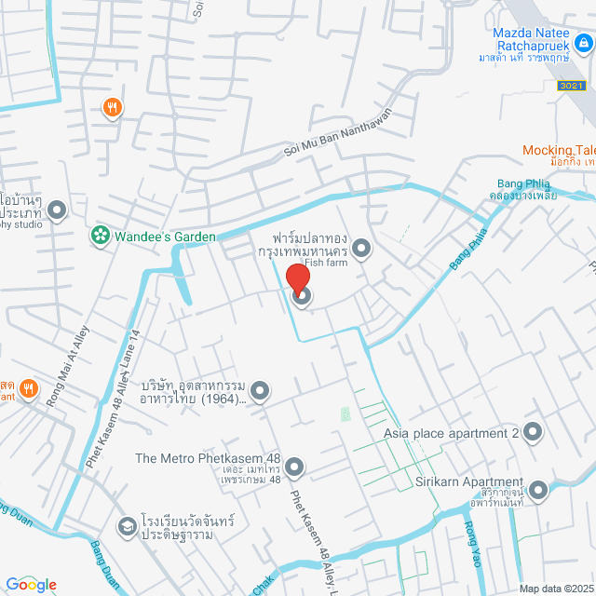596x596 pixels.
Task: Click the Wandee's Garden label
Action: [x=165, y=237]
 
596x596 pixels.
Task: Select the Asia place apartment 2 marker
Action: [x=533, y=432]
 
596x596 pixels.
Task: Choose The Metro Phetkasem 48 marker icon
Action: [x=294, y=466]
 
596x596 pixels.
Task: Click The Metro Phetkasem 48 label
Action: [x=208, y=458]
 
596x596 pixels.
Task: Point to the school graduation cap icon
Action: [x=126, y=528]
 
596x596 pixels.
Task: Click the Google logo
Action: [x=30, y=585]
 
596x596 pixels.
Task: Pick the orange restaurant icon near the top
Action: [x=113, y=108]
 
